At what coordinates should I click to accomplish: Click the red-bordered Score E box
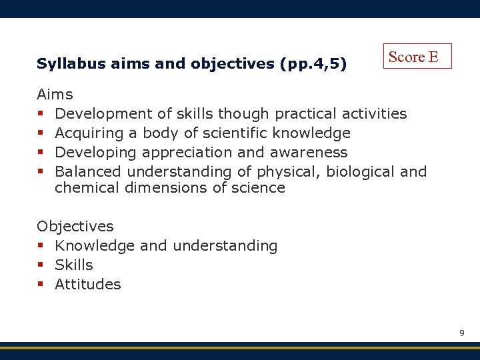coord(417,57)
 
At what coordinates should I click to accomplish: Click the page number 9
coord(461,332)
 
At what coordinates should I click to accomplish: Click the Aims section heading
coord(55,95)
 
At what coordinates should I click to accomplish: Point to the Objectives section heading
coord(75,227)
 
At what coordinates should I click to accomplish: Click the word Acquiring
coord(87,133)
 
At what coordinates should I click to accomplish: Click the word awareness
coord(308,153)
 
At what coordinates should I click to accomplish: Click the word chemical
coord(87,188)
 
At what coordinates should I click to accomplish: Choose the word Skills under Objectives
coord(73,265)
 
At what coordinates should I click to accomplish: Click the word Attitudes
coord(87,285)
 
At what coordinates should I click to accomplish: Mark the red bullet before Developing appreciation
coord(40,153)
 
